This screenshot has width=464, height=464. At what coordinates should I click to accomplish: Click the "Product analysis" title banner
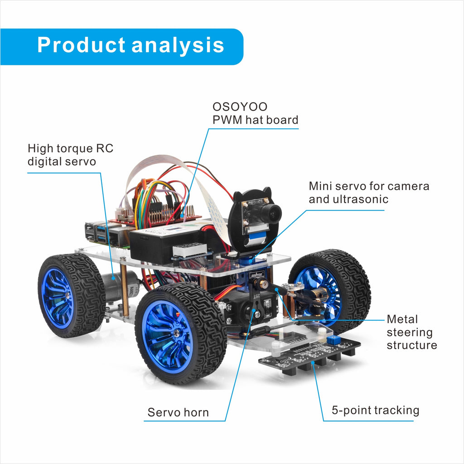click(x=130, y=46)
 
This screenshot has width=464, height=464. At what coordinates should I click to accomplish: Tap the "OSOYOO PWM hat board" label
click(x=255, y=113)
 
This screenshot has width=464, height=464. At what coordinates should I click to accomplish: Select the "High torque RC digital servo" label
click(x=70, y=155)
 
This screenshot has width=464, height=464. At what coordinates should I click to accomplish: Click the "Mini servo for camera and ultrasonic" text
click(x=369, y=192)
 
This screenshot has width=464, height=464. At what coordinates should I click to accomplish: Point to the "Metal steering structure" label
click(x=411, y=332)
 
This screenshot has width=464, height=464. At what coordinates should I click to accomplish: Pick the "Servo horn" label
click(x=178, y=412)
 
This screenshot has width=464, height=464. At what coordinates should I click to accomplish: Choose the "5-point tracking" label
click(x=375, y=410)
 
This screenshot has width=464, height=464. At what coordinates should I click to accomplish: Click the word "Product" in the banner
click(x=81, y=45)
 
